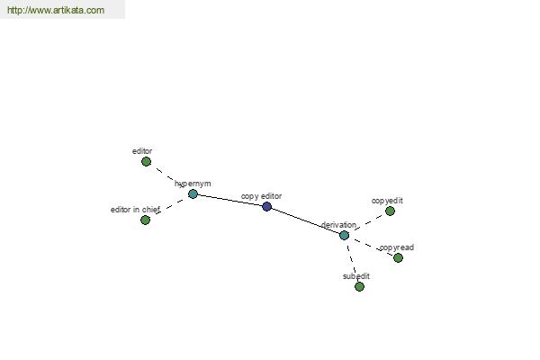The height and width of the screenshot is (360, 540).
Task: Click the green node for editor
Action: tap(146, 162)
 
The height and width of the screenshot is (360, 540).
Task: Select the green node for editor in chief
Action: tap(145, 220)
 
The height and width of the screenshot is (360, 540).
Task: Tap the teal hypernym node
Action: tap(193, 194)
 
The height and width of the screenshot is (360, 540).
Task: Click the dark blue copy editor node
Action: tap(267, 206)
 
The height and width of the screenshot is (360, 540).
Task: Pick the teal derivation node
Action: tap(344, 235)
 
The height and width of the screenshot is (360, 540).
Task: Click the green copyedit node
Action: tap(390, 211)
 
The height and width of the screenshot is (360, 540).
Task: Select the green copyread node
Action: tap(398, 257)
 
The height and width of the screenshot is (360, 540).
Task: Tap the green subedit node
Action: tap(359, 286)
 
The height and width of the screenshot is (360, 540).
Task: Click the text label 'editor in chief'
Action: tap(135, 210)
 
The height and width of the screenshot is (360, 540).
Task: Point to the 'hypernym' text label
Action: tap(193, 184)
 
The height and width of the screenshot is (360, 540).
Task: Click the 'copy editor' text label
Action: tap(261, 196)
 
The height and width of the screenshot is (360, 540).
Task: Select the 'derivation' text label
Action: tap(338, 225)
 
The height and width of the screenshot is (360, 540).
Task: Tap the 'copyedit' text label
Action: tap(387, 201)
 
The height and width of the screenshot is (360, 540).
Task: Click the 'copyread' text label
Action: tap(396, 247)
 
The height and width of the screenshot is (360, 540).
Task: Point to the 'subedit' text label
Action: tap(356, 276)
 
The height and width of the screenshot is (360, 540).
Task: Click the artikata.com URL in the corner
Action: tap(56, 10)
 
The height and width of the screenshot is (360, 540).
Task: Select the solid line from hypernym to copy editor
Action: tap(229, 200)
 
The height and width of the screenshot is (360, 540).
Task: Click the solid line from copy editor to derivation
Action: tap(305, 220)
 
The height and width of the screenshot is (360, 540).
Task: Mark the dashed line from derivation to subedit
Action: tap(352, 261)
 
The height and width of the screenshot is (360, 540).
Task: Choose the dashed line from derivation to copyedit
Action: tap(367, 223)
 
